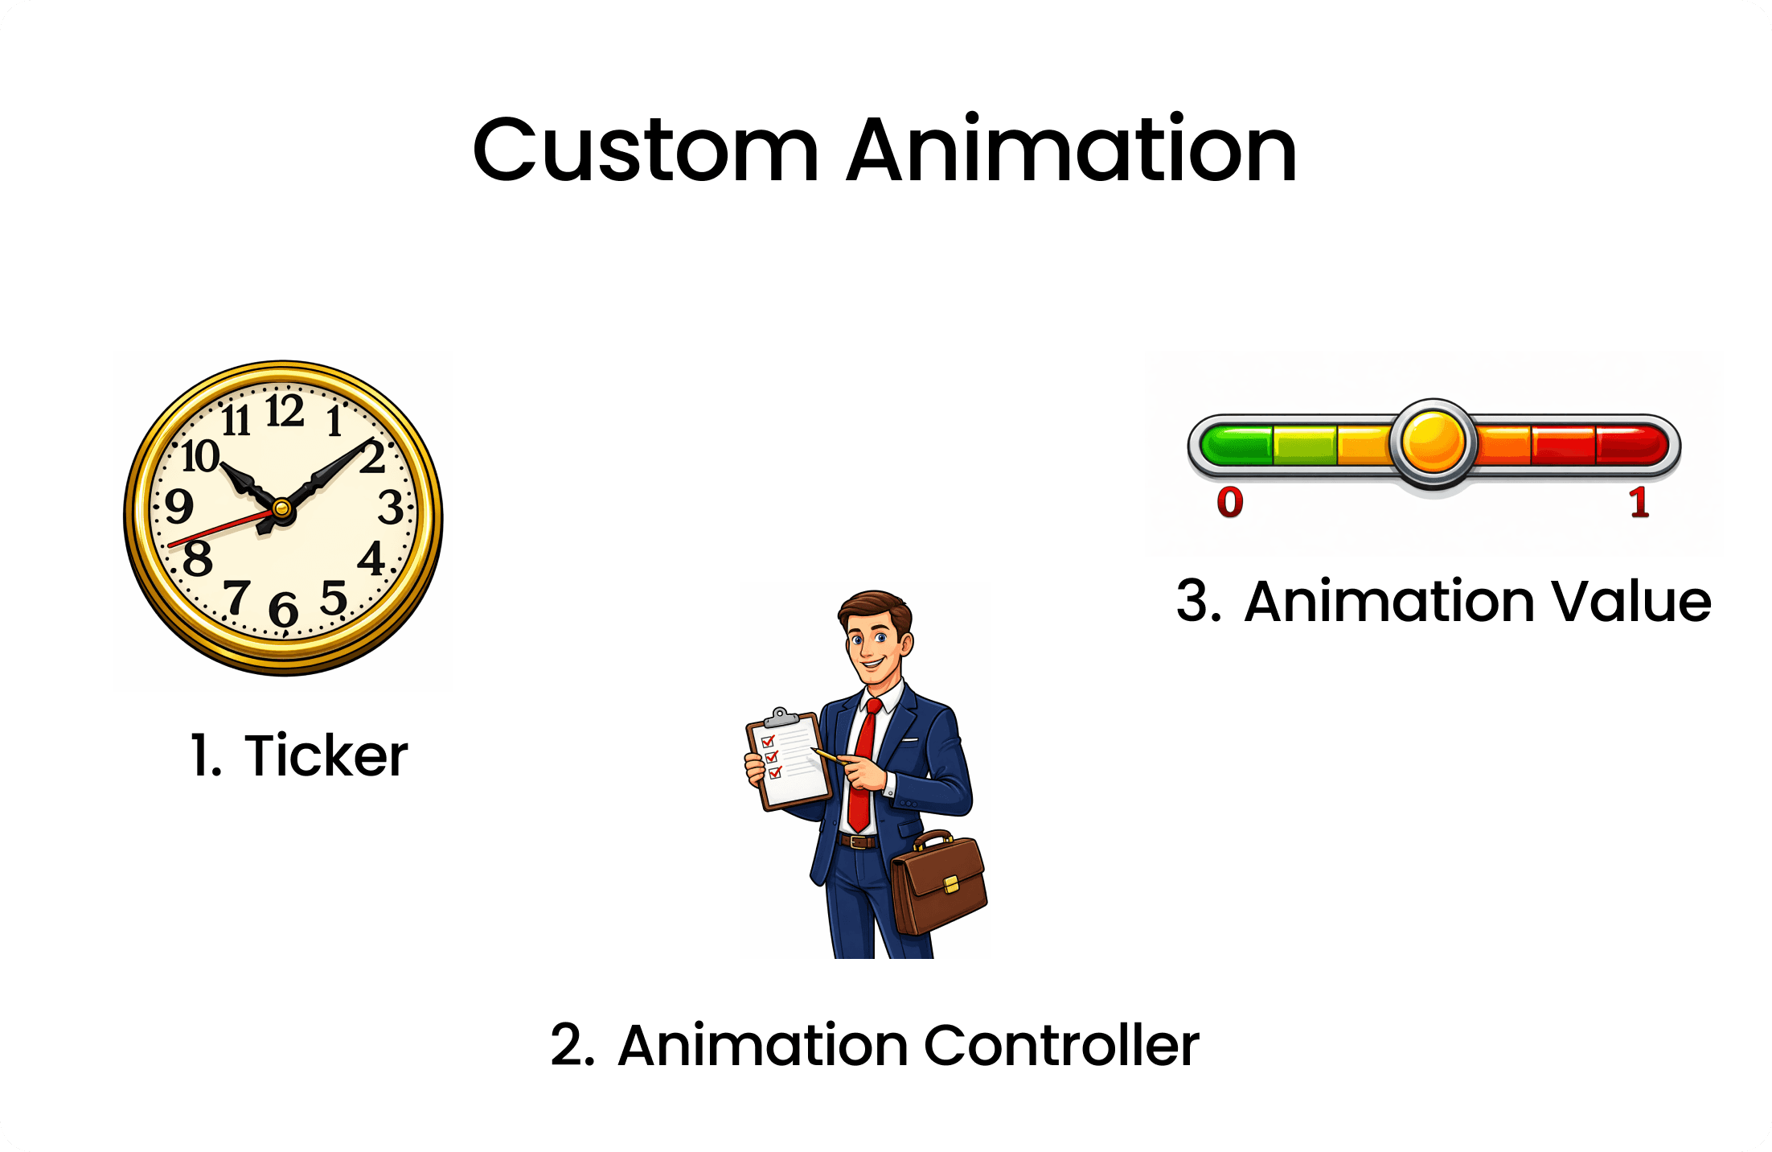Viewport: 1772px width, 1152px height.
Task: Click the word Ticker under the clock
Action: point(326,756)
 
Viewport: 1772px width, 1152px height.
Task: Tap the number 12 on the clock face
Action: point(285,411)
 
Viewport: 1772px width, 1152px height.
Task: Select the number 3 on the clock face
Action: point(391,508)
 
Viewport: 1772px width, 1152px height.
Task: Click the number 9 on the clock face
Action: point(178,506)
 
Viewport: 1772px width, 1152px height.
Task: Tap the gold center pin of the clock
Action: point(281,508)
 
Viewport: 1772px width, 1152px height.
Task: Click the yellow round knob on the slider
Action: point(1434,442)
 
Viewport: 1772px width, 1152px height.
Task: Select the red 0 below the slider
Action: point(1230,503)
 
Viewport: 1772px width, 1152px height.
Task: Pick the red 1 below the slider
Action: point(1639,503)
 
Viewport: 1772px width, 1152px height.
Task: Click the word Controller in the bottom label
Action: point(1061,1046)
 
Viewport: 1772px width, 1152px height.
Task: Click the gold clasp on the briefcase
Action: point(951,884)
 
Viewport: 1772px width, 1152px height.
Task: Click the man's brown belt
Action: point(858,841)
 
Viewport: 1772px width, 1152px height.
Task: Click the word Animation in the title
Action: point(1071,150)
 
